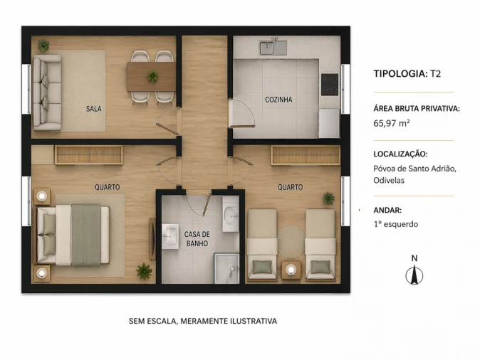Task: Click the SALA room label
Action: [93, 109]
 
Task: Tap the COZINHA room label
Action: [278, 100]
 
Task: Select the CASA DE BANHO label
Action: [197, 239]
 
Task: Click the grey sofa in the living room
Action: [47, 92]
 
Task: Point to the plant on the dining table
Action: [152, 76]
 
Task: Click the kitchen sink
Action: [273, 48]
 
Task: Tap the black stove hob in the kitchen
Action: [329, 84]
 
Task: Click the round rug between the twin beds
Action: [291, 239]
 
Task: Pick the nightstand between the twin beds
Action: [291, 269]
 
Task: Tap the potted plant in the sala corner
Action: [43, 45]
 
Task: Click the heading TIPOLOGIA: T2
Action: [407, 73]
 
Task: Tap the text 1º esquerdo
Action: [395, 224]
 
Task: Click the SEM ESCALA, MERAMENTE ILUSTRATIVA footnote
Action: [203, 321]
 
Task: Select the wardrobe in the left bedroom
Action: [88, 154]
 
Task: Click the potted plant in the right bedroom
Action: [328, 198]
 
